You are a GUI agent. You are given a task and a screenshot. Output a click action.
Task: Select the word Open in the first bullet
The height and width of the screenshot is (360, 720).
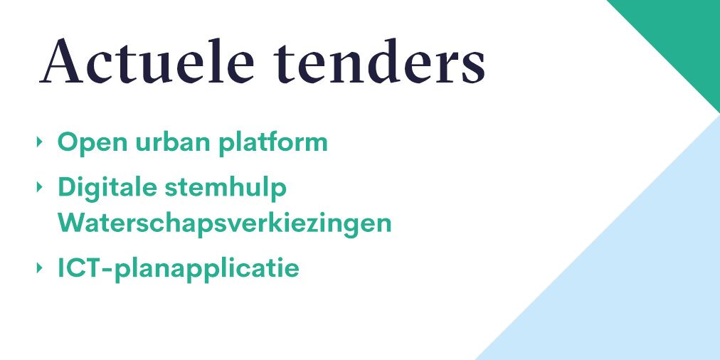point(88,143)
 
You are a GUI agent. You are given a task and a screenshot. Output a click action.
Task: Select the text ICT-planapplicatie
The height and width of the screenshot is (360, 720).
point(178,269)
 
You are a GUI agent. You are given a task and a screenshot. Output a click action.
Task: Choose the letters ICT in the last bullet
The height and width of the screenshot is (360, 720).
point(81,269)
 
